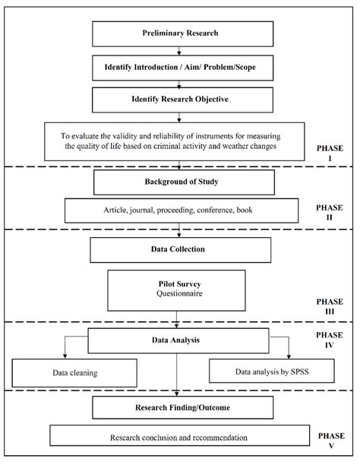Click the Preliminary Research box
point(179,34)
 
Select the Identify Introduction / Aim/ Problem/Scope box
point(179,67)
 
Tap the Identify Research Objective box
point(179,99)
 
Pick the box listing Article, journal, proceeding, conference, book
point(179,210)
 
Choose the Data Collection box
point(179,249)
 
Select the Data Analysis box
point(179,340)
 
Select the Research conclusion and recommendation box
point(179,438)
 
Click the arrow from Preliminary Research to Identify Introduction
point(179,51)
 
